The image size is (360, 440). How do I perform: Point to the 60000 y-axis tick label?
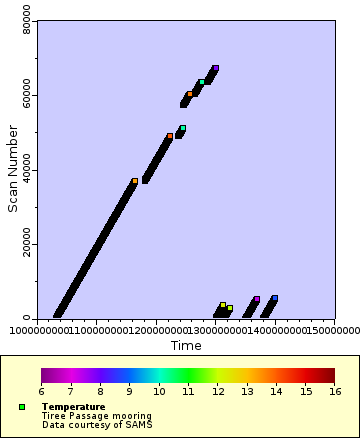click(x=27, y=96)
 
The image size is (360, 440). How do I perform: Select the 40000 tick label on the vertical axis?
click(x=27, y=170)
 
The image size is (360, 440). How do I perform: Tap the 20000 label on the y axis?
click(x=27, y=244)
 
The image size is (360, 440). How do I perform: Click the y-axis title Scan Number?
click(x=13, y=169)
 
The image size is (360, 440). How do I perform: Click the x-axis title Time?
click(x=186, y=346)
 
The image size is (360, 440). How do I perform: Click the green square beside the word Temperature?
click(x=22, y=407)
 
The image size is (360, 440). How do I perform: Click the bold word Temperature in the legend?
click(x=73, y=407)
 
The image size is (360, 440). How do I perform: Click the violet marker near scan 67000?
click(x=215, y=68)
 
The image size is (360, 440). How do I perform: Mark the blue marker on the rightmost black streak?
click(x=274, y=298)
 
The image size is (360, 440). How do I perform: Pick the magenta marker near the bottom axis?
click(x=257, y=299)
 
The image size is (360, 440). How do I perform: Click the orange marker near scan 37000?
click(x=135, y=181)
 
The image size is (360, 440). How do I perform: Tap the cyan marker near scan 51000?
click(x=183, y=128)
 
